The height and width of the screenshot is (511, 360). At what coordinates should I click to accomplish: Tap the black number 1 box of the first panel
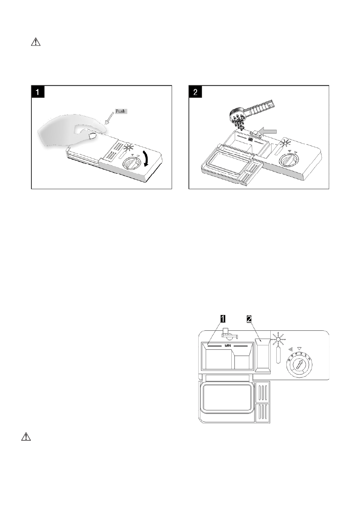coord(37,92)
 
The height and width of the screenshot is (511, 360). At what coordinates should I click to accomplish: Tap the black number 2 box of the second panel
coord(196,92)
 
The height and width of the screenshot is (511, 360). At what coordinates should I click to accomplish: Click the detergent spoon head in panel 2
coord(238,115)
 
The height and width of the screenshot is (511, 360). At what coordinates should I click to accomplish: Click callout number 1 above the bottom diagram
coord(223,319)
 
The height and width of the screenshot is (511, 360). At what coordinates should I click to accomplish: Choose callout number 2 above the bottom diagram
coord(249,319)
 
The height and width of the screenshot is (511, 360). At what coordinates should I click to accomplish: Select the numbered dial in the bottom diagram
coord(300,365)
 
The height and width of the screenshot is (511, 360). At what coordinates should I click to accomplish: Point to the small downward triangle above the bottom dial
coord(299,349)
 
